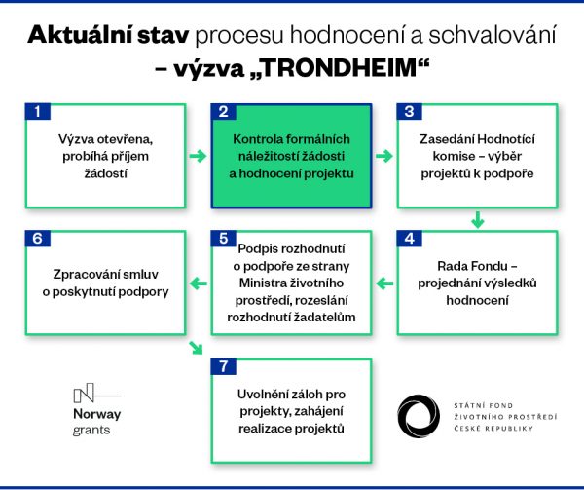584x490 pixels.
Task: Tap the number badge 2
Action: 224,111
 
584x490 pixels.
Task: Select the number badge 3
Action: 409,111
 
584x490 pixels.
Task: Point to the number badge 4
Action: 409,238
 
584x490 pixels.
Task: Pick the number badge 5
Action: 224,238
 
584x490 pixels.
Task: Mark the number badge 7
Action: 224,366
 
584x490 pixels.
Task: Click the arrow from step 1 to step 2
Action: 198,156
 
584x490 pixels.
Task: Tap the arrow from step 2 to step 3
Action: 384,156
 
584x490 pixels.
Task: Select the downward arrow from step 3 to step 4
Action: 477,219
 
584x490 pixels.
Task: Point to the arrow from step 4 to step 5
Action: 384,284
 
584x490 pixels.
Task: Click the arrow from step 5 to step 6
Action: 198,284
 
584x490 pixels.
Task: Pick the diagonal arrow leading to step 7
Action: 198,349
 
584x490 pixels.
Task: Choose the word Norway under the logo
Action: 97,413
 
